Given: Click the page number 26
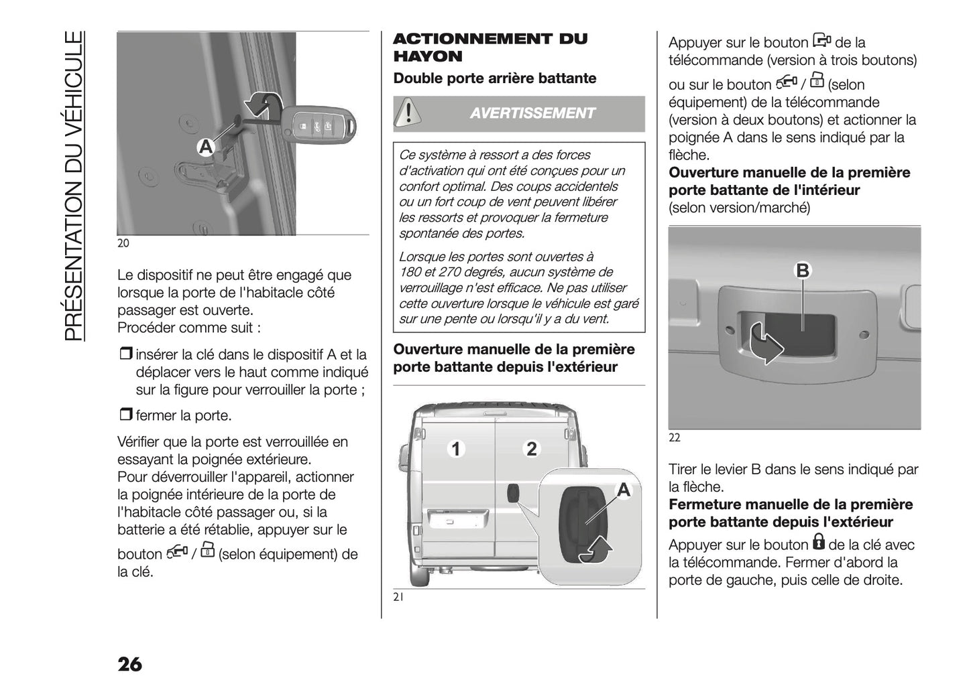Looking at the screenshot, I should click(x=129, y=664).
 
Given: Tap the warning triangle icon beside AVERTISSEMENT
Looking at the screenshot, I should click(x=406, y=113).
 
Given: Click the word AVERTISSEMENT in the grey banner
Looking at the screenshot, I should click(x=532, y=113).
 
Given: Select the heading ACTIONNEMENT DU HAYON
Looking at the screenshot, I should click(x=490, y=48).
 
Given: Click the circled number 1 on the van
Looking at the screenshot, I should click(x=456, y=449).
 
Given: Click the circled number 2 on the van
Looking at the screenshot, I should click(x=532, y=449).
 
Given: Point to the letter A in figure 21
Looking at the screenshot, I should click(x=624, y=490).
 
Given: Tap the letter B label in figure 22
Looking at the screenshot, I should click(x=802, y=271).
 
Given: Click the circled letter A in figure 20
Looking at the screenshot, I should click(x=205, y=147).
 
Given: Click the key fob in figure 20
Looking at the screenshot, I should click(x=319, y=125).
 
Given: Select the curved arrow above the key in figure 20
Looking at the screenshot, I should click(x=264, y=105).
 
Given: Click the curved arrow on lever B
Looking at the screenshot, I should click(x=764, y=342).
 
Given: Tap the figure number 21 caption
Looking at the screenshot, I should click(x=398, y=598).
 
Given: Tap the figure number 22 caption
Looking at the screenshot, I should click(x=674, y=437).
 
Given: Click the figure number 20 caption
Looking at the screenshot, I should click(x=123, y=243).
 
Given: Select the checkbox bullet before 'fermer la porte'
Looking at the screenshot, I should click(x=126, y=415).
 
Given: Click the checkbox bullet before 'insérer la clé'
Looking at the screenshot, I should click(x=126, y=354).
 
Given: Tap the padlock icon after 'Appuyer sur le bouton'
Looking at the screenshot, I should click(x=818, y=541).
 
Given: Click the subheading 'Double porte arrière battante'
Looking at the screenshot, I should click(x=494, y=78).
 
